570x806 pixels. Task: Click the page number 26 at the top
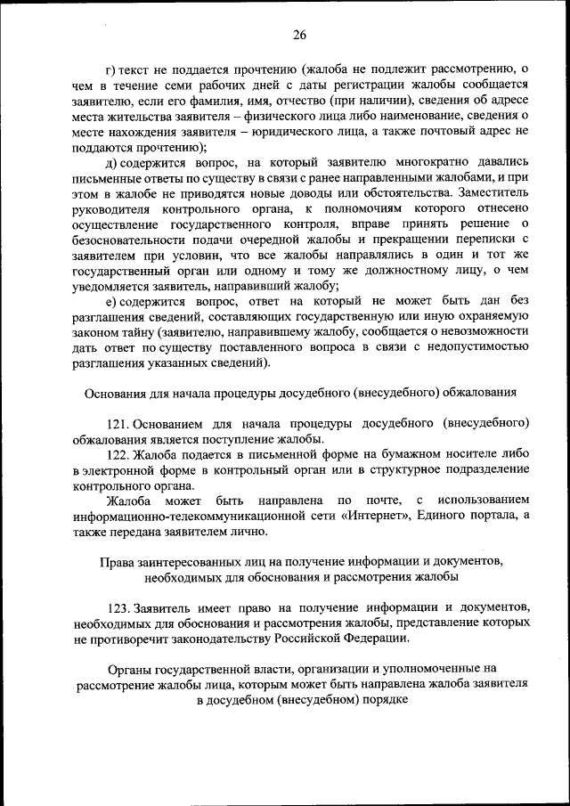(298, 35)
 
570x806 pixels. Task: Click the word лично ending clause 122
(246, 531)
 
